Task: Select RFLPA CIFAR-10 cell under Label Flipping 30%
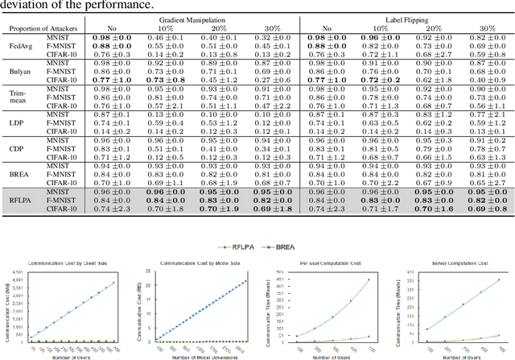(x=486, y=208)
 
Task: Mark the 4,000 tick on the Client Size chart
(x=14, y=279)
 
